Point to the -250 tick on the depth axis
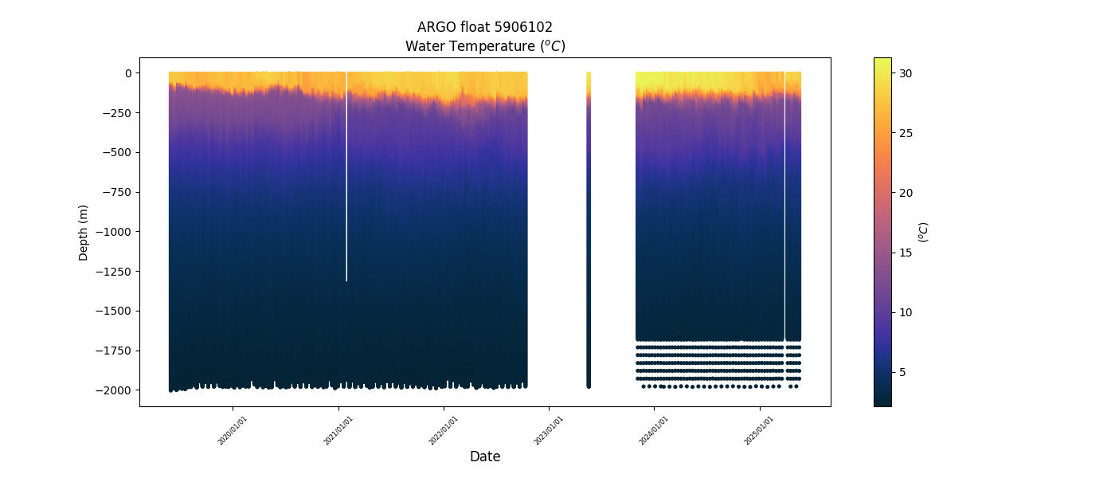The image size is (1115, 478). [x=117, y=112]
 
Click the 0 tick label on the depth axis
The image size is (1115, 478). [x=127, y=73]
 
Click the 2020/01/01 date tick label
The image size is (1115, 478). [x=232, y=430]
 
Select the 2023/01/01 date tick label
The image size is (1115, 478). [x=548, y=430]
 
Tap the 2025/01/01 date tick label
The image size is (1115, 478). [x=758, y=430]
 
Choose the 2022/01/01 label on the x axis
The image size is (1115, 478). [x=443, y=430]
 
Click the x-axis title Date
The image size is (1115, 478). [x=485, y=456]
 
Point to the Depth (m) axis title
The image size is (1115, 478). [x=84, y=232]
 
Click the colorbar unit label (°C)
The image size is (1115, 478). [x=924, y=232]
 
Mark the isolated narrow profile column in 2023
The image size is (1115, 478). [x=589, y=231]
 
